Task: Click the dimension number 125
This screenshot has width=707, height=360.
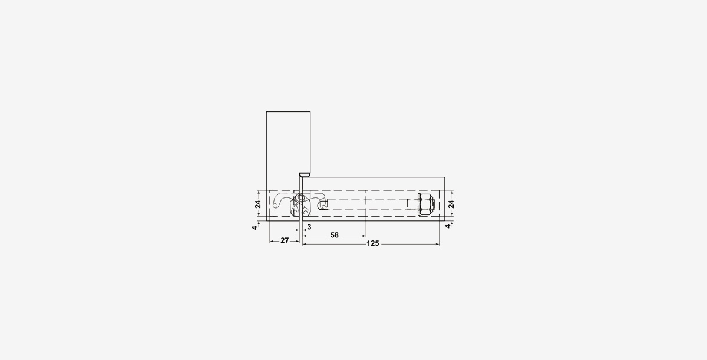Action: coord(373,243)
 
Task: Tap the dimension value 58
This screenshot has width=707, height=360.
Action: coord(335,235)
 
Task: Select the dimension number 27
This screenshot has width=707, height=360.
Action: coord(285,241)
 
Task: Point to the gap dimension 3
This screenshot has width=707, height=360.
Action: coord(309,227)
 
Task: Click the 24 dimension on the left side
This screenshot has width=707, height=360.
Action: coord(258,204)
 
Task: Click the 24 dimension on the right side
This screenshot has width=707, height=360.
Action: coord(451,204)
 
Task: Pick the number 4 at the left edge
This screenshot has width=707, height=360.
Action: coord(255,227)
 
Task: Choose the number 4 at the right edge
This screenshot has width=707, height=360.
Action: coord(448,226)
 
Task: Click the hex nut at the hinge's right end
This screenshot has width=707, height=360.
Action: coord(426,204)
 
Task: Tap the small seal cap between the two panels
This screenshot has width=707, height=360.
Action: coord(305,174)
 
